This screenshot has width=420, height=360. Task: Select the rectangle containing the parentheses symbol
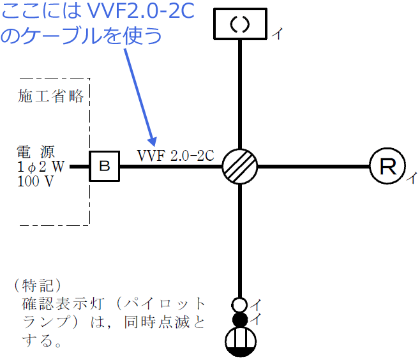[240, 24]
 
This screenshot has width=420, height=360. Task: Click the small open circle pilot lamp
[239, 304]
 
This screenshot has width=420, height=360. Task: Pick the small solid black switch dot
[239, 319]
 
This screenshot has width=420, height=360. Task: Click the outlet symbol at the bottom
[240, 341]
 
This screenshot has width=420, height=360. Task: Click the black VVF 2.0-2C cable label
[175, 155]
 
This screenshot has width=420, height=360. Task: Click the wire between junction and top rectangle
[240, 93]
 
